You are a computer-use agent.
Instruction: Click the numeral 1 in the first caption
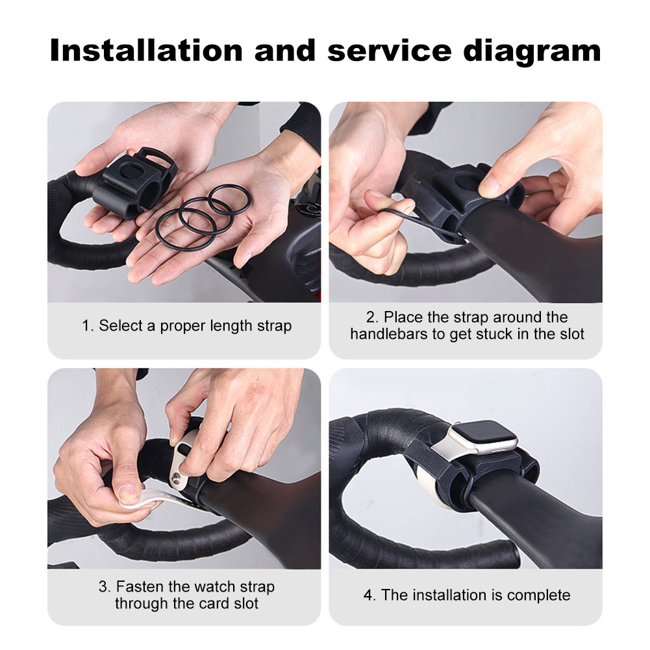pos(85,325)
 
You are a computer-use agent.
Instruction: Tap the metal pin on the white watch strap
pos(175,479)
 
